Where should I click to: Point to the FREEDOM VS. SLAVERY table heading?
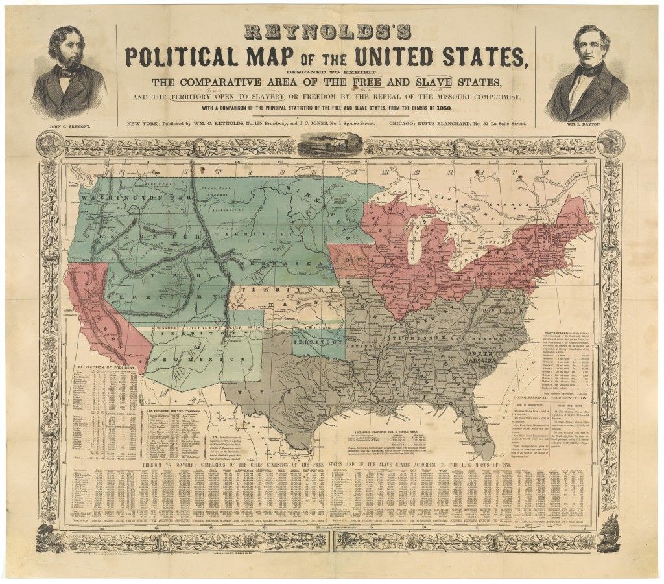click(x=188, y=465)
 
